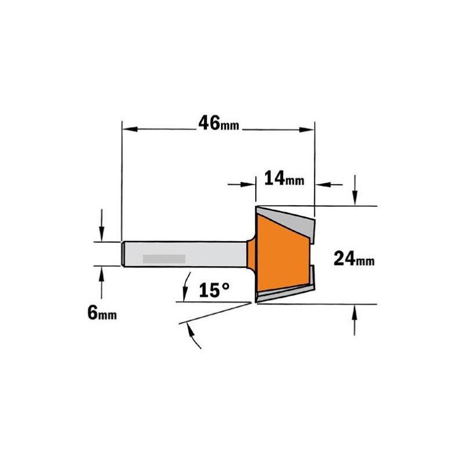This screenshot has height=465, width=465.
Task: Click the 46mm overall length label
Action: tap(219, 123)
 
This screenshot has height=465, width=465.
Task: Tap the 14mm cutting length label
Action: tap(284, 178)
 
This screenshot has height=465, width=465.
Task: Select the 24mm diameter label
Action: tap(354, 258)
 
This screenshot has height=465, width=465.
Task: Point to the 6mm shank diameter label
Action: tap(102, 313)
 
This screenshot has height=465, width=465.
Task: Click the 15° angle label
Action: tap(214, 290)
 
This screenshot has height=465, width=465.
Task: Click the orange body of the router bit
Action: tap(282, 255)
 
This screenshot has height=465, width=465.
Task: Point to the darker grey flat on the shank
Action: tap(164, 259)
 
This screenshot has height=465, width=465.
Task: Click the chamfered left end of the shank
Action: tap(122, 254)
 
